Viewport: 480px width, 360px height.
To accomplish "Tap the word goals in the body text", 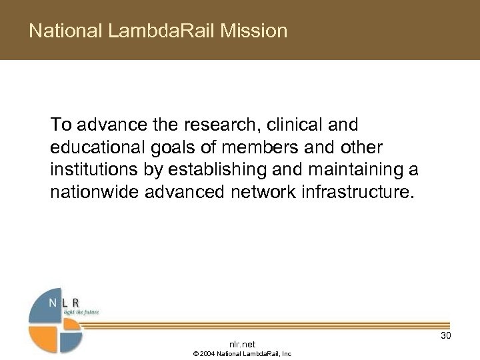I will click(x=166, y=147).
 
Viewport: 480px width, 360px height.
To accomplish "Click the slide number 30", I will click(x=446, y=336).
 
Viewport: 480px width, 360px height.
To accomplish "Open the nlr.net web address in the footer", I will click(x=242, y=344).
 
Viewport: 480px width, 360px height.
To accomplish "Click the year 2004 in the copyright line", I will click(x=205, y=353).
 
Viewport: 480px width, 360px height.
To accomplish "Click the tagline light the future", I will click(x=81, y=311).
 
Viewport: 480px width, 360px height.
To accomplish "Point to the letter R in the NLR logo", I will click(x=83, y=303).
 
